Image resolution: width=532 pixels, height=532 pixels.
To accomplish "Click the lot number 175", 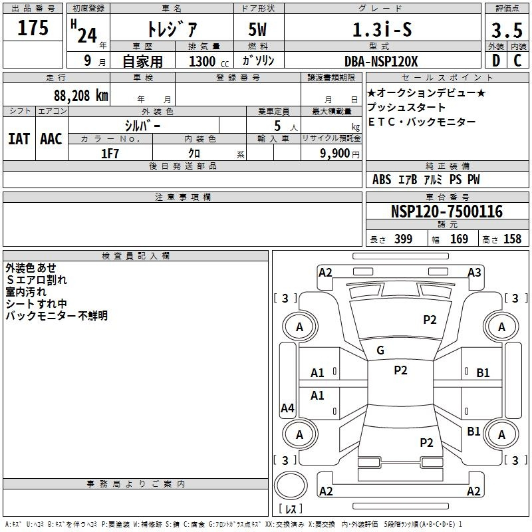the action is coord(33,29).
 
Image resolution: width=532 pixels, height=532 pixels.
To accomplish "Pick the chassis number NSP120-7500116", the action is coord(446,211).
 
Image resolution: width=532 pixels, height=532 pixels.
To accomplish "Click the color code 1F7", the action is coord(110,153).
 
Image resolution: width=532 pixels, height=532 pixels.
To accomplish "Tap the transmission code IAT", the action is coord(19,139).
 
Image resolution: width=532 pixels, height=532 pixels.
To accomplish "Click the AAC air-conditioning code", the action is coord(51,139).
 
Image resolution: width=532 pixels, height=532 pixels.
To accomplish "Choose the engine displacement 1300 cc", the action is coord(203,61).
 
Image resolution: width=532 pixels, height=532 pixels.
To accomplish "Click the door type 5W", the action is coord(259,30).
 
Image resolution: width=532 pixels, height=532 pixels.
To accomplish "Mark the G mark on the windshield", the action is coord(380,350).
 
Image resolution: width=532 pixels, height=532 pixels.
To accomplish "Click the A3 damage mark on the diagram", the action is coord(474,272).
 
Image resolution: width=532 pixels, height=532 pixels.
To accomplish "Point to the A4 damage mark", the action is coord(287,408).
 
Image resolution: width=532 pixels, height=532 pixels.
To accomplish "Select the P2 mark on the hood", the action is coord(430,320).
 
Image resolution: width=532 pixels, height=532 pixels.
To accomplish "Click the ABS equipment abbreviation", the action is coord(382,180).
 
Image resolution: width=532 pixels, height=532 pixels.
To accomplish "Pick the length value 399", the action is coord(403,239).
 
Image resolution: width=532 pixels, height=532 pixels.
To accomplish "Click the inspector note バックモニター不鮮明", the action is coord(57,316).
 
